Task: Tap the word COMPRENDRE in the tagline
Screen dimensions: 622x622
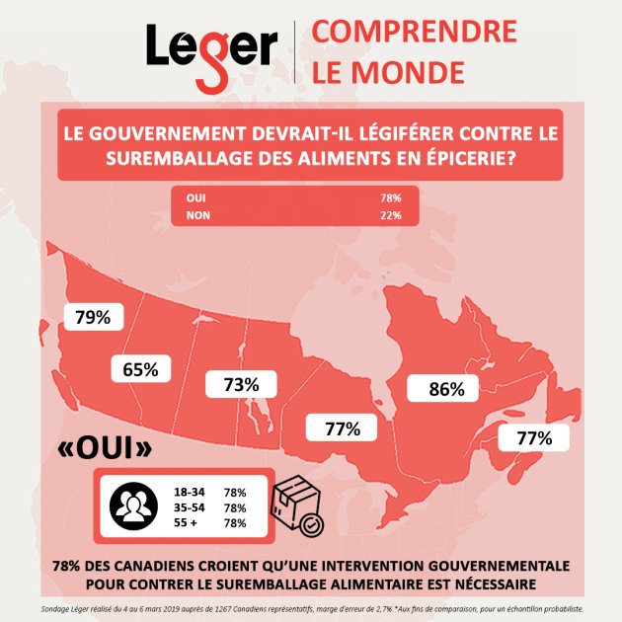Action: pos(414,32)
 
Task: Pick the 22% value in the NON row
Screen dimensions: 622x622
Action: pos(391,215)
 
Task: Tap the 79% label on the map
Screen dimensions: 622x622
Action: pos(93,317)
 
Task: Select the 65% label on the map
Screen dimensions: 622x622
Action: pos(141,370)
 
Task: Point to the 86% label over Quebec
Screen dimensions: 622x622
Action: pos(446,389)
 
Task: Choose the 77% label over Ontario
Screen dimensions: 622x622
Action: pos(343,428)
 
